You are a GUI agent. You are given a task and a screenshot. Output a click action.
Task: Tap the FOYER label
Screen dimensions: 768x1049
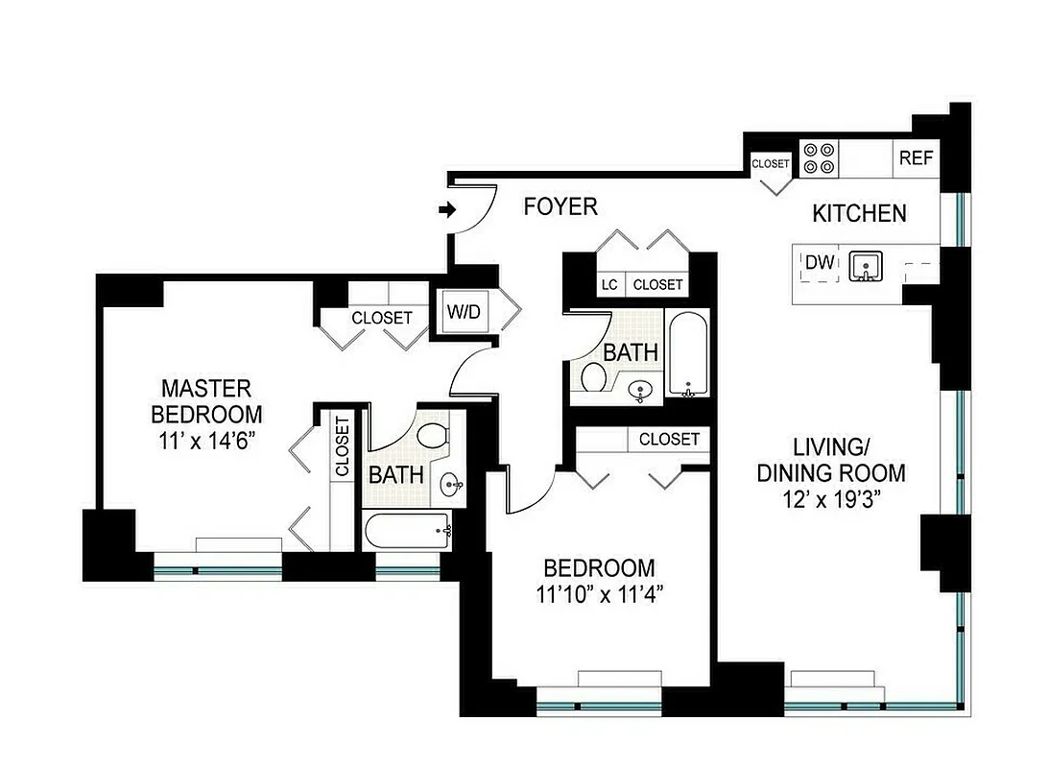[561, 206]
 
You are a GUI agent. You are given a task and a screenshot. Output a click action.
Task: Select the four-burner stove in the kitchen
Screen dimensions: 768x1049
[820, 158]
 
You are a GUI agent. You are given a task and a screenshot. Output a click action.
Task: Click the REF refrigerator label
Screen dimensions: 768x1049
[916, 158]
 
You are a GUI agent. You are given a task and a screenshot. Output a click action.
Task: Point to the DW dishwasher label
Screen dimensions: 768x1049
[818, 263]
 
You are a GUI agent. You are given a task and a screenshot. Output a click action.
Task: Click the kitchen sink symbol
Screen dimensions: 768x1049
[868, 265]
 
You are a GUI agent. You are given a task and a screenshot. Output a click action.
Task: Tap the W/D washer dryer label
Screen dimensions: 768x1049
[462, 312]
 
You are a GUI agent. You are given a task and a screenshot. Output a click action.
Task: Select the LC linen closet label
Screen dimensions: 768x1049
[608, 285]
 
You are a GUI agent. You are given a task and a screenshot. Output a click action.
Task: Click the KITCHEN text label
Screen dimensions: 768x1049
[859, 213]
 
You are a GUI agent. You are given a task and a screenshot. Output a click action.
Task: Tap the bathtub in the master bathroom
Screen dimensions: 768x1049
[408, 529]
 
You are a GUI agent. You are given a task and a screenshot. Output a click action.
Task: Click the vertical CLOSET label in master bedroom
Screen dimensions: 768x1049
[341, 446]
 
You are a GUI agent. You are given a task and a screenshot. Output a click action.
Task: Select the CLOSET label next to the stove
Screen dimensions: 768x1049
[770, 164]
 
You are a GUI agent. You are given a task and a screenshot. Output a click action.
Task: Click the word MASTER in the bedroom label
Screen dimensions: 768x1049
[206, 389]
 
